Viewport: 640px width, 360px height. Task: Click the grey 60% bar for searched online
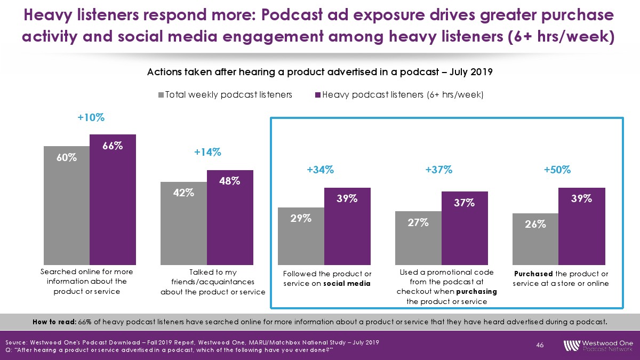(x=67, y=205)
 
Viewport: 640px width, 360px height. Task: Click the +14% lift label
(x=207, y=153)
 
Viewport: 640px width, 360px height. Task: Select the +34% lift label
(x=321, y=170)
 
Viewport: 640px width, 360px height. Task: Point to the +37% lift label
(x=439, y=170)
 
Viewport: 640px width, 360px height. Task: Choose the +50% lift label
(x=557, y=170)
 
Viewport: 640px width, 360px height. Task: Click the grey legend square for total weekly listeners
(x=161, y=95)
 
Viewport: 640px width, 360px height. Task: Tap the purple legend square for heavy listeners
(x=317, y=95)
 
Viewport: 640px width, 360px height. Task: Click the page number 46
(x=540, y=346)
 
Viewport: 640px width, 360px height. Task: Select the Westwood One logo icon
(x=571, y=345)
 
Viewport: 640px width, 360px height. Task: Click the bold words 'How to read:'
(x=54, y=322)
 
